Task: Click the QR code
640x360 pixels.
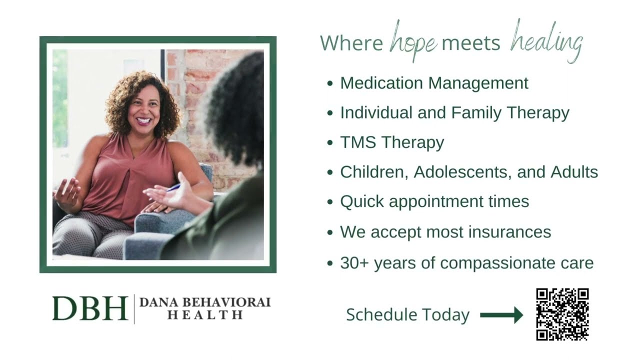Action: [x=562, y=314]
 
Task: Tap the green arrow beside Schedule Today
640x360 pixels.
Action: [x=501, y=315]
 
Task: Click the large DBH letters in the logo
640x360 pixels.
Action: [x=90, y=308]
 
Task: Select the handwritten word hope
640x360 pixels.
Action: [x=413, y=42]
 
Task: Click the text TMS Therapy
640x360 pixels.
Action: [x=392, y=142]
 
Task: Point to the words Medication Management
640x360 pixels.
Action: [x=434, y=83]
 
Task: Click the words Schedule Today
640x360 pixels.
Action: [x=407, y=315]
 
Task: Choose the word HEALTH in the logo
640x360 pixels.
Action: [x=205, y=315]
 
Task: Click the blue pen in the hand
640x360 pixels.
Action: [x=173, y=187]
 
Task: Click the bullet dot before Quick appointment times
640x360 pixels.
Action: [x=329, y=202]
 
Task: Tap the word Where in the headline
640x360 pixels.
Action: [x=351, y=43]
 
